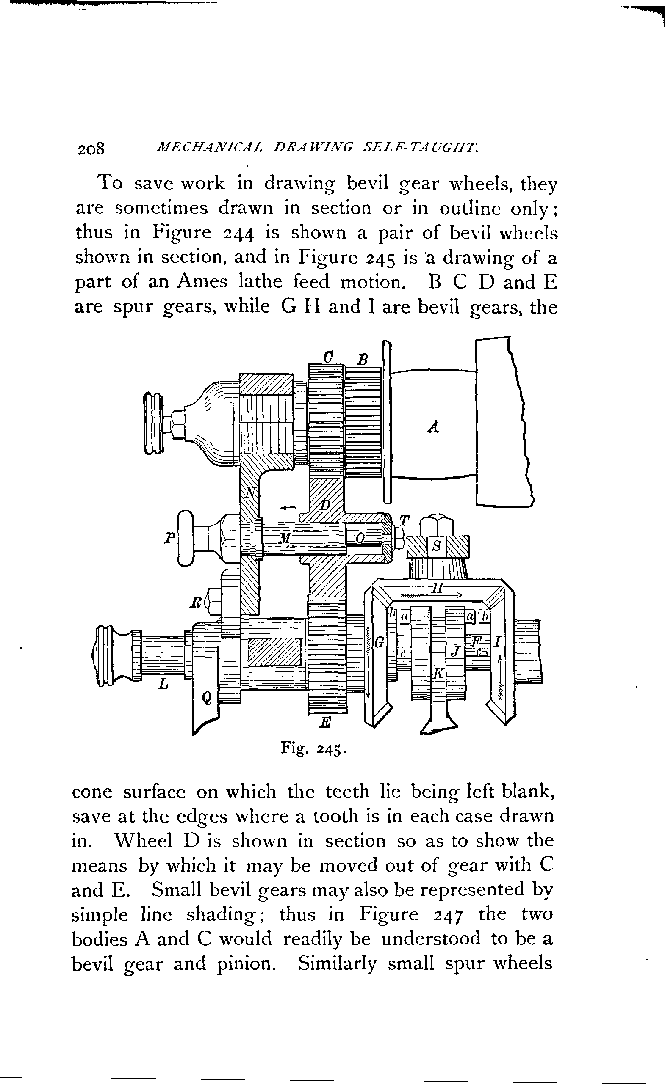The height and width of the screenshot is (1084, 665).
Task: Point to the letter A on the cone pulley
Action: pos(433,426)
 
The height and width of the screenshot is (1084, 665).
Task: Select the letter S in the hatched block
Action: pos(436,546)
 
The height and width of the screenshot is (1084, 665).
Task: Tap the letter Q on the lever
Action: pos(207,697)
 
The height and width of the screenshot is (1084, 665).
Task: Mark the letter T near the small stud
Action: pos(403,520)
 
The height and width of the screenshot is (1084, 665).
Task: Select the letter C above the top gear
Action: pos(327,356)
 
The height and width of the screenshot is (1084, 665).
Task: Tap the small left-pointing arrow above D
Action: pos(288,508)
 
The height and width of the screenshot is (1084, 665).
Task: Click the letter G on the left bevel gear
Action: pos(378,643)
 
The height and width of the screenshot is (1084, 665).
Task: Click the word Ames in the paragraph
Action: pos(202,281)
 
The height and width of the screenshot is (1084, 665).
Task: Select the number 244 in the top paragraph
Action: pos(239,233)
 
